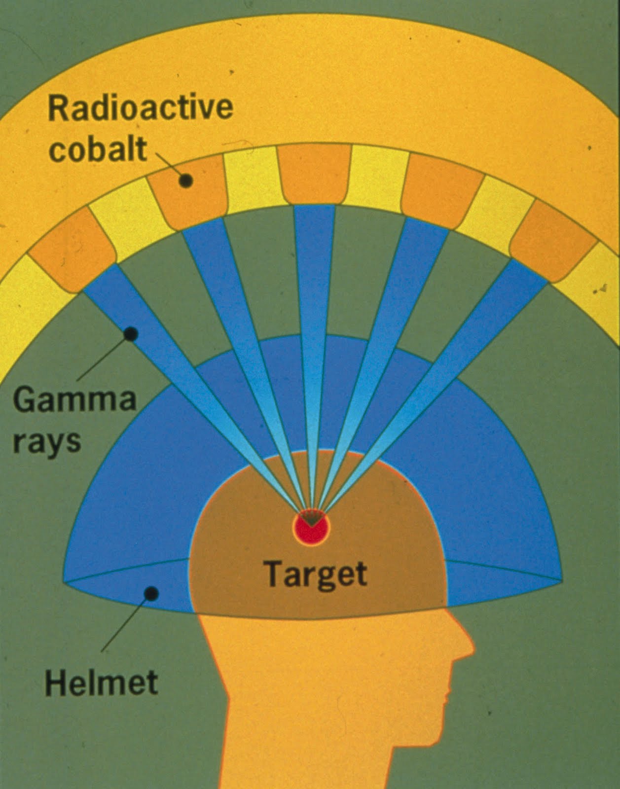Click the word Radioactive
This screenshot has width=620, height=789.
click(x=141, y=109)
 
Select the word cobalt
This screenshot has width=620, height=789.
click(x=98, y=149)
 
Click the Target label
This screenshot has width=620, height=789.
click(x=316, y=574)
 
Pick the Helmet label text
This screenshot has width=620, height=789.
click(x=101, y=683)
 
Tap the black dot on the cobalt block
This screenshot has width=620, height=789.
click(x=185, y=180)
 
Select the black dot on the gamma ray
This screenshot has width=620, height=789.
click(x=130, y=334)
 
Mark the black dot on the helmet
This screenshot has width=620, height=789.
click(x=151, y=593)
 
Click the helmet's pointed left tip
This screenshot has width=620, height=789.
click(x=67, y=580)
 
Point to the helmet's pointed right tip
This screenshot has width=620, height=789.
click(x=559, y=578)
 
